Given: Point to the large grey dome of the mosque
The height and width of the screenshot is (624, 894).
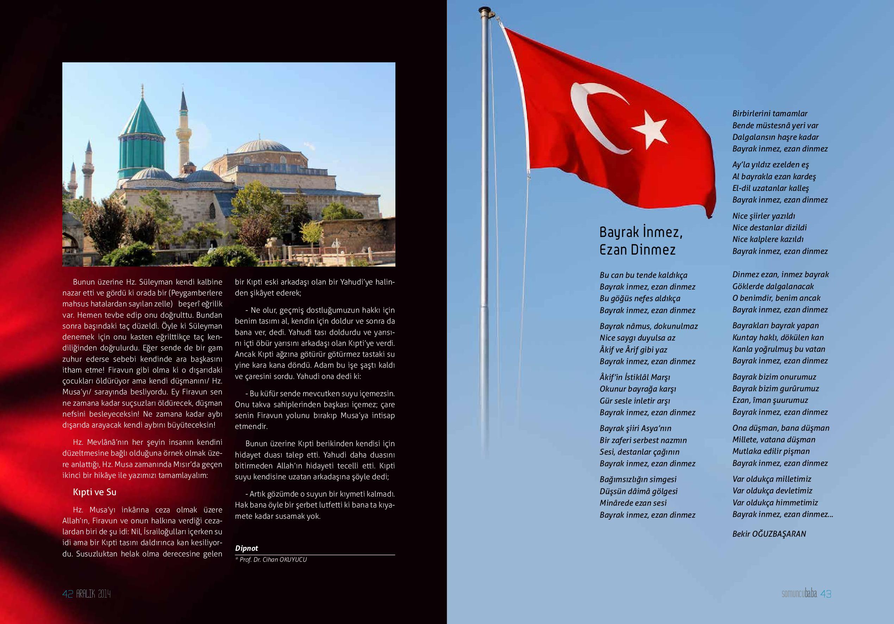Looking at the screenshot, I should point(263,147).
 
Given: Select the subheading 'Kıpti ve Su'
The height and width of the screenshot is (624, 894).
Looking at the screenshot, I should point(95,492).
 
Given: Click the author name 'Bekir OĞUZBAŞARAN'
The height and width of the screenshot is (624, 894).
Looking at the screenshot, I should point(769,534).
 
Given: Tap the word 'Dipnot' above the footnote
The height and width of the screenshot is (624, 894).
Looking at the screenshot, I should point(246,548).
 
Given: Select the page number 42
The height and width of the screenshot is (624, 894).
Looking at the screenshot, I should point(68,594).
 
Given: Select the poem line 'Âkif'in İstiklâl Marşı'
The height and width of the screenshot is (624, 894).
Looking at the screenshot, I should point(635,377).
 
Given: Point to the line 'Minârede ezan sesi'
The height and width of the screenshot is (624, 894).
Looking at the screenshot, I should point(633,503).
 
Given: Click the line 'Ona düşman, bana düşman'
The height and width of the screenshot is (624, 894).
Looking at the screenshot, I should point(781,428).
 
